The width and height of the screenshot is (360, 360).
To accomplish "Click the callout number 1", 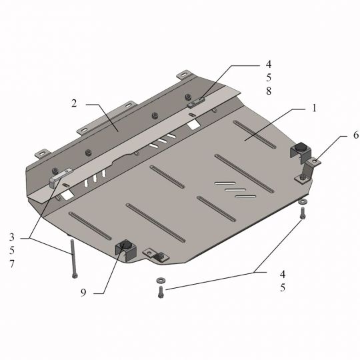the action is [314, 108].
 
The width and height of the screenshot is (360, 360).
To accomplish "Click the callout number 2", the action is [74, 103].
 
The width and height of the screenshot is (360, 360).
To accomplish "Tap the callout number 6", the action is [355, 135].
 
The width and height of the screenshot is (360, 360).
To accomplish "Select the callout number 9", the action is [83, 293].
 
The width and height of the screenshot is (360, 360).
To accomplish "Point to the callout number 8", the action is [269, 91].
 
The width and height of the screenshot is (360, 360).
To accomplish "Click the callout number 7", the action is [12, 264].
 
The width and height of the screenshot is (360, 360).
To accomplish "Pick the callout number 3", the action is [12, 237].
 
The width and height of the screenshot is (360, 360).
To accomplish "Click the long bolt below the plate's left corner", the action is [73, 259].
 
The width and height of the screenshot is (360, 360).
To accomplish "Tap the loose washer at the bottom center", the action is [161, 280].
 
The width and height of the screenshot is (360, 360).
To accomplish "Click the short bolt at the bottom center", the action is [161, 292].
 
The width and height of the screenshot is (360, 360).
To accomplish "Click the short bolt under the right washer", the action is [303, 213].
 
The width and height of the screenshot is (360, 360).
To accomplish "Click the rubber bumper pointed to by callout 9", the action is [125, 245].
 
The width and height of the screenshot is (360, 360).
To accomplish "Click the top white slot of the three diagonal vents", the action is [225, 183].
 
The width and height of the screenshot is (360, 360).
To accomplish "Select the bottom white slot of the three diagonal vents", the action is [245, 197].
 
